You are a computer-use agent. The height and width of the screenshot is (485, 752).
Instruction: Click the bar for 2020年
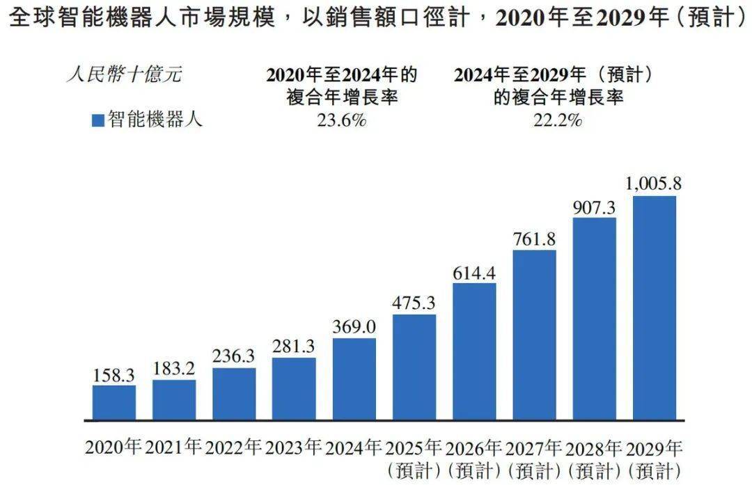pos(114,403)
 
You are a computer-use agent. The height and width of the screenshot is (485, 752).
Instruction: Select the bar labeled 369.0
pos(354,379)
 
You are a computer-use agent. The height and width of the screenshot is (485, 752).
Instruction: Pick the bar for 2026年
pos(474,351)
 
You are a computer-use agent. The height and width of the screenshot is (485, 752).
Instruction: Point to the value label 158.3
pos(114,374)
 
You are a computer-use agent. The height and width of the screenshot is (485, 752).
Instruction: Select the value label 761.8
pos(535,239)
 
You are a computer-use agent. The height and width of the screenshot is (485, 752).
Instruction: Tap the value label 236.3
pos(234,356)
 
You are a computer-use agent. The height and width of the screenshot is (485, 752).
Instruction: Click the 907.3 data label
pos(595,207)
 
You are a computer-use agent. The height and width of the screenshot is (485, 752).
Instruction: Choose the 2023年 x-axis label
pos(294,447)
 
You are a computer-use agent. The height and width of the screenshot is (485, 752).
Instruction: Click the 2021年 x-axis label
pos(174,447)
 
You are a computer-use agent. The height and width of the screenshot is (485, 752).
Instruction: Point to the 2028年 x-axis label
pos(595,447)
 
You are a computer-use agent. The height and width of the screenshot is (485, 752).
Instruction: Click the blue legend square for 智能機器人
pos(98,120)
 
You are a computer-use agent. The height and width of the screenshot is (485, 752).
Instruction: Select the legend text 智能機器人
pos(155,120)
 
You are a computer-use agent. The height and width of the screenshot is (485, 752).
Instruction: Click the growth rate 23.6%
pos(341,120)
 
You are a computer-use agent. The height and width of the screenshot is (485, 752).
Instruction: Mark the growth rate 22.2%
pos(557,120)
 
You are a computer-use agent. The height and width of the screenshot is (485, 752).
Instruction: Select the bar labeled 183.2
pos(174,400)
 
